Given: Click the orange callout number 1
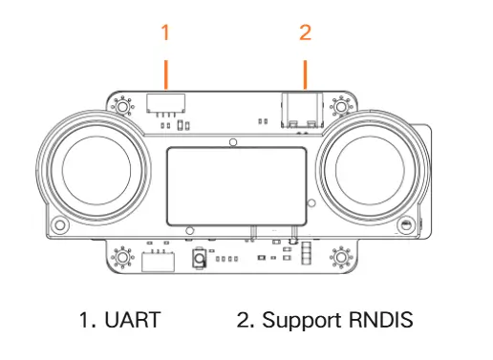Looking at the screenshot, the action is point(165,32).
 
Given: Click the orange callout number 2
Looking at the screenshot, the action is point(305,32).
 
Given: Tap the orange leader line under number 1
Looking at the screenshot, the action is point(165,74).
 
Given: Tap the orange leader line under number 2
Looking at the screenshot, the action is point(306,74).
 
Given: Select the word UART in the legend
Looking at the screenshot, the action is point(133,320).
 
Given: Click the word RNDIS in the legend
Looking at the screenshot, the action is point(381,320).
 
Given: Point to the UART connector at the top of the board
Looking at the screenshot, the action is point(165,103).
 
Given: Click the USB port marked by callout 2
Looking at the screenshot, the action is point(302,110).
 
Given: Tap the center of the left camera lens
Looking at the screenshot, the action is point(96,170).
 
